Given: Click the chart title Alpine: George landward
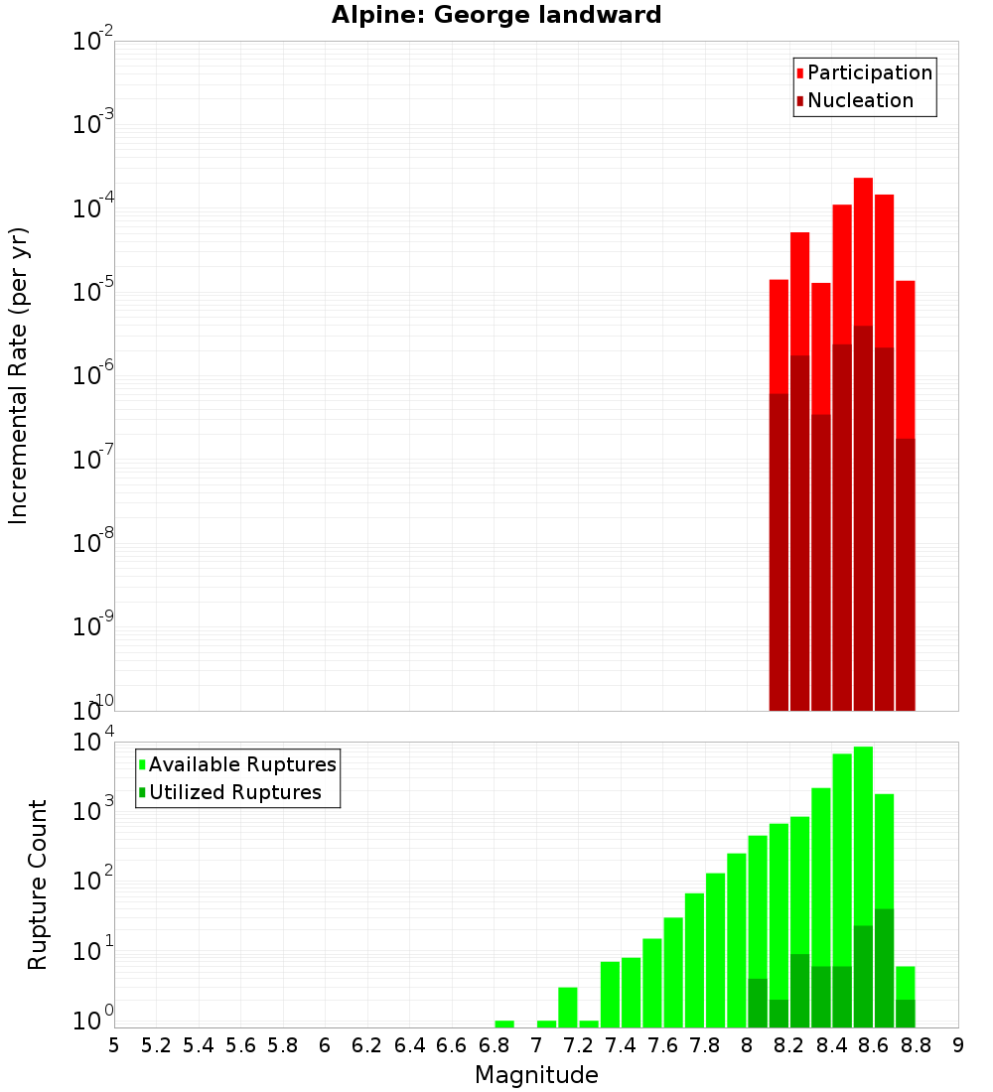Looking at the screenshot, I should (496, 15).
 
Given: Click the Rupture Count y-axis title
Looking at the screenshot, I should (38, 884).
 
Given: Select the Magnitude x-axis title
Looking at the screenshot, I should (536, 1074).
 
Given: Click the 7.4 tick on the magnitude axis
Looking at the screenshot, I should (621, 1045).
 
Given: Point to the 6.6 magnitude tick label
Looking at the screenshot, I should (452, 1045).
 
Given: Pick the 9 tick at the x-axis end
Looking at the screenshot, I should (958, 1045).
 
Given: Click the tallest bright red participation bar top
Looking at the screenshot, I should (863, 180).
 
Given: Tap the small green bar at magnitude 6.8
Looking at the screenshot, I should (504, 1024).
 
